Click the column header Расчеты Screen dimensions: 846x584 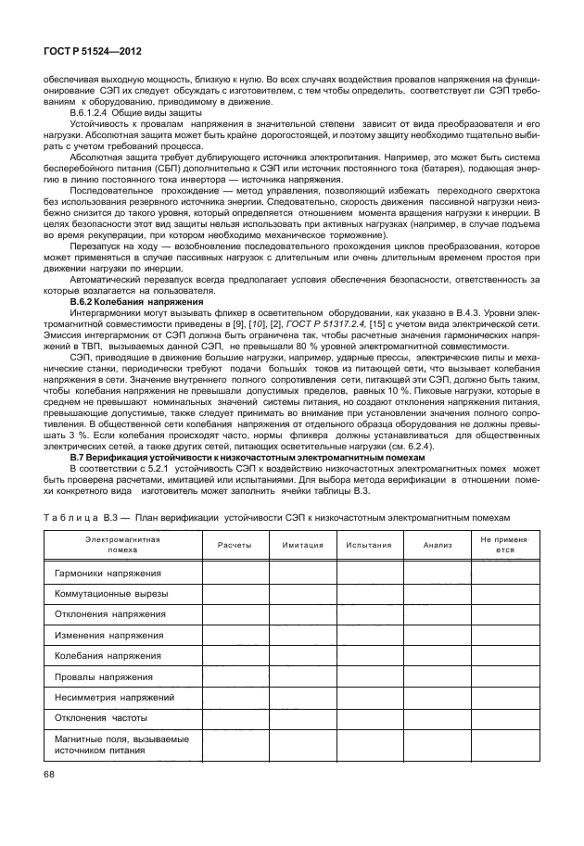click(x=235, y=545)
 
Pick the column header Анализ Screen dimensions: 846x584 click(x=438, y=545)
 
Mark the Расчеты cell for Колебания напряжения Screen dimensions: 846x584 click(x=235, y=656)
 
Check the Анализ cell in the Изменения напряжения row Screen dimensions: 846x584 click(x=438, y=636)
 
